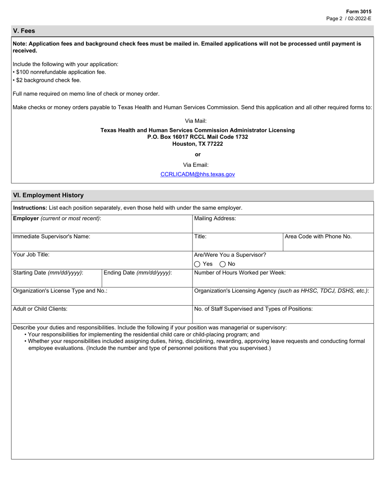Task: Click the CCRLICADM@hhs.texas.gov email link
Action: tap(197, 175)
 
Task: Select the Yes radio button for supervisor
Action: tap(197, 264)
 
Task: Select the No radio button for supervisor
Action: tap(222, 264)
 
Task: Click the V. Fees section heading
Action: tap(24, 31)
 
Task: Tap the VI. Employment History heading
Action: tap(48, 195)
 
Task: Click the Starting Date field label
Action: tap(48, 272)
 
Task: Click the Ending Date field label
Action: tap(138, 272)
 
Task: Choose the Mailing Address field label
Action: tap(215, 218)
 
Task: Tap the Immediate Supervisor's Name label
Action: tap(51, 236)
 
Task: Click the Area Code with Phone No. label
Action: tap(318, 236)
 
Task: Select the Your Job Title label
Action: tap(31, 255)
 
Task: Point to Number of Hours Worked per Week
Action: tap(240, 272)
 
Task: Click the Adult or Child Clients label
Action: tap(40, 309)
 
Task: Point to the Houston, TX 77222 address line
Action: tap(197, 144)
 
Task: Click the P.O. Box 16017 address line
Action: tap(197, 137)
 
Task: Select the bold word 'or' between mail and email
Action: tap(197, 154)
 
